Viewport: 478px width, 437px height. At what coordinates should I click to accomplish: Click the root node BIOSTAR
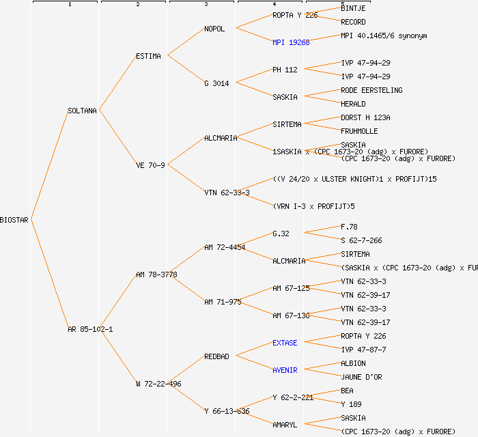[x=14, y=220]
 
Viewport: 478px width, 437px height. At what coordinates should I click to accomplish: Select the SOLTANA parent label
[x=83, y=111]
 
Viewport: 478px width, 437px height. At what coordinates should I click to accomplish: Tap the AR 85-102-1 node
[x=90, y=329]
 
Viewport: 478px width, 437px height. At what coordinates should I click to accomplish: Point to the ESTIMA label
[x=148, y=56]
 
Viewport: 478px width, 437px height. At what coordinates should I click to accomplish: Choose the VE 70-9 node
[x=150, y=165]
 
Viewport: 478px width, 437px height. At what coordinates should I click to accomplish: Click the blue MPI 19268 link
[x=291, y=42]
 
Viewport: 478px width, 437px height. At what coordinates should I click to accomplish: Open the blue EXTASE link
[x=285, y=343]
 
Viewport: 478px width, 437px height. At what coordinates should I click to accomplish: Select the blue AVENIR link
[x=285, y=370]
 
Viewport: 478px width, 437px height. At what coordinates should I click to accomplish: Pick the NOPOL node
[x=214, y=29]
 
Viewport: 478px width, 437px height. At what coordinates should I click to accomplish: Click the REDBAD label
[x=216, y=356]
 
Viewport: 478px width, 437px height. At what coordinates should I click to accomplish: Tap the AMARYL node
[x=285, y=425]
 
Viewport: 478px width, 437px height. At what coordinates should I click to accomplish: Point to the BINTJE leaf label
[x=353, y=8]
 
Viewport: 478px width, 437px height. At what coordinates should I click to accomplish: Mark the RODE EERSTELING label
[x=371, y=90]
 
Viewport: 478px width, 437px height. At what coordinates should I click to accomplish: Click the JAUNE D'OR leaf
[x=362, y=377]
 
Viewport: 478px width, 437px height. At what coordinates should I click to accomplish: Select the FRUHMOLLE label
[x=359, y=131]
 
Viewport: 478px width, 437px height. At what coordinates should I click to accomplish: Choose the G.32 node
[x=281, y=234]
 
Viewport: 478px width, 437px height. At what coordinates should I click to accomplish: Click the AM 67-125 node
[x=291, y=288]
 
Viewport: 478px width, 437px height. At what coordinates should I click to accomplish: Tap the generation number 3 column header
[x=206, y=5]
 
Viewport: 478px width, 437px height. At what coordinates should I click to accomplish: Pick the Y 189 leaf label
[x=351, y=404]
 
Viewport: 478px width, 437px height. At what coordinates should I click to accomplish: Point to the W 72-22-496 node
[x=158, y=384]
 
